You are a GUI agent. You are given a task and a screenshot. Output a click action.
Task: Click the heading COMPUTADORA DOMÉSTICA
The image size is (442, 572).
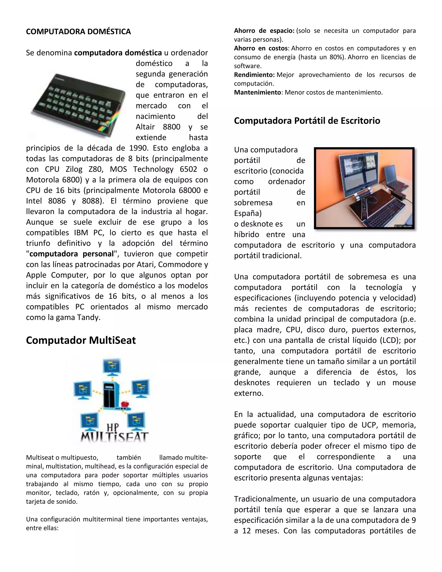(78, 32)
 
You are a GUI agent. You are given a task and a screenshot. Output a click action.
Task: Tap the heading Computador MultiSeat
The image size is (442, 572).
(81, 340)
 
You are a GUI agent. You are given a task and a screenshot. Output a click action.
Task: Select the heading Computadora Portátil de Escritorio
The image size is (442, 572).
(307, 120)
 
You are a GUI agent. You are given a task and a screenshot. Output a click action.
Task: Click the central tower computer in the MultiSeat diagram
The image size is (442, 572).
(111, 395)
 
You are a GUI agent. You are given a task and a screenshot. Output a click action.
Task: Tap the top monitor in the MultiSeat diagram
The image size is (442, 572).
(112, 367)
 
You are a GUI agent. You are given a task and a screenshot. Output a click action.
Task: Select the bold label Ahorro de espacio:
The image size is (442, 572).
(264, 31)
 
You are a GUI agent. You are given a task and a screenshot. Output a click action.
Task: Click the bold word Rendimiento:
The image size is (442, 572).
(254, 75)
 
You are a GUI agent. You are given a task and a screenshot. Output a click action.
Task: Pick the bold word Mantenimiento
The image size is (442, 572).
(257, 92)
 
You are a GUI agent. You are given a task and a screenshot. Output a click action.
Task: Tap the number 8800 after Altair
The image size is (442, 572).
(172, 127)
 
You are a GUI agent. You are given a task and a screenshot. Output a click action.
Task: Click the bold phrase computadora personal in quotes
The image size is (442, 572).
(72, 254)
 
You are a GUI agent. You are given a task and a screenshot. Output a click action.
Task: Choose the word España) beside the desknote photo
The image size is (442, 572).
(248, 213)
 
